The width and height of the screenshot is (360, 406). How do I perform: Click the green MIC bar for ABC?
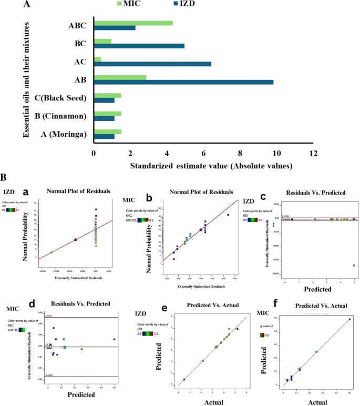coord(133,23)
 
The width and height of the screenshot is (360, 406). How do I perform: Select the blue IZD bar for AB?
coord(183,82)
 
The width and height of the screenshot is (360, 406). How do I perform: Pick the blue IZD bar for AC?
coord(152,64)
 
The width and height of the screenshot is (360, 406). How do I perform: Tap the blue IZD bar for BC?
coord(139,46)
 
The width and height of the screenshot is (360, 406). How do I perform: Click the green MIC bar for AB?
coord(120,77)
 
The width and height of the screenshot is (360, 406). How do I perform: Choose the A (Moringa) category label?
coord(63,134)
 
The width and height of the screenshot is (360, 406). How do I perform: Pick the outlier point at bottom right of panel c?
coord(354,266)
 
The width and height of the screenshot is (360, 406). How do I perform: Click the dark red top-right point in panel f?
coord(349,319)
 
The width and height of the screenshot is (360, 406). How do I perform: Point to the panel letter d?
coord(32,304)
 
